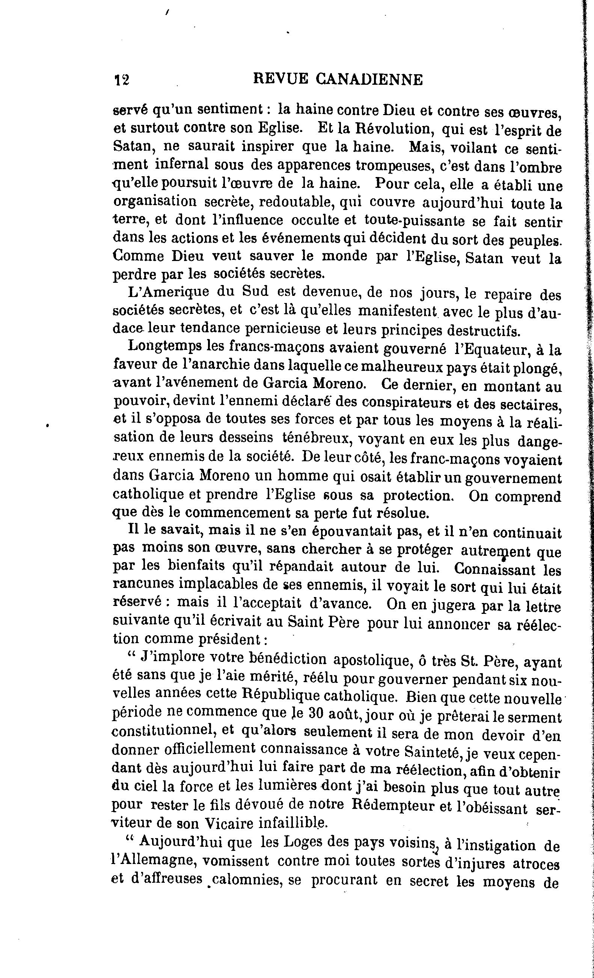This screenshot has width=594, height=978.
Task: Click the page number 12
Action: [122, 80]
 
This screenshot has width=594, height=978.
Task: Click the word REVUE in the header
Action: [280, 79]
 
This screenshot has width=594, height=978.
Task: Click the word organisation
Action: [155, 202]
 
